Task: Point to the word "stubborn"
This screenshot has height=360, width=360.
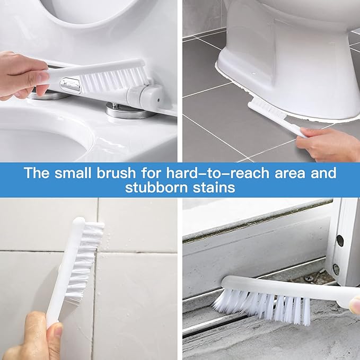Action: (153, 188)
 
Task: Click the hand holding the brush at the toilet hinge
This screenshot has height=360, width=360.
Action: (21, 75)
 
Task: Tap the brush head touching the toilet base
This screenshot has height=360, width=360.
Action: (265, 111)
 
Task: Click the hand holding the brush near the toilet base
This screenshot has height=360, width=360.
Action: (329, 143)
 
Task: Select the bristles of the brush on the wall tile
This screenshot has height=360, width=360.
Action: (85, 260)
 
